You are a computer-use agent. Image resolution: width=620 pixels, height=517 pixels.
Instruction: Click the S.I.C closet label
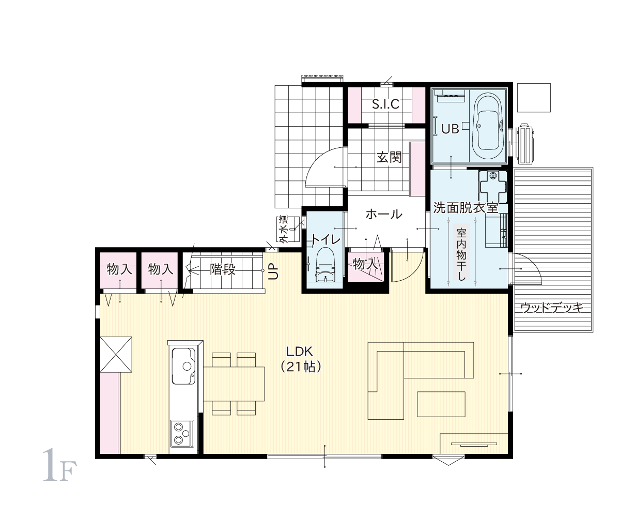coord(386,104)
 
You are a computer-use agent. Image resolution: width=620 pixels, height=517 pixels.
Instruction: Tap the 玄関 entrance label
coord(389,157)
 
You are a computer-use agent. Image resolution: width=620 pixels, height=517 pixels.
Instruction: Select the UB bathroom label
coord(450,129)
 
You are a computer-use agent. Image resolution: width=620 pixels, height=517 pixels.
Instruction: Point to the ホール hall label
coord(384,214)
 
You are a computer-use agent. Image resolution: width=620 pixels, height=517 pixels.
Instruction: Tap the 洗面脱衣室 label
coord(466,208)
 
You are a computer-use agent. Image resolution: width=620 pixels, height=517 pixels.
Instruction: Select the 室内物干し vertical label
coord(461,254)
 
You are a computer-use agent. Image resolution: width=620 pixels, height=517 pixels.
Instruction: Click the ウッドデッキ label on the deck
coord(552,308)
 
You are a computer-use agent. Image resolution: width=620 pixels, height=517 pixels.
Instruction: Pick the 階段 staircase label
coord(223,269)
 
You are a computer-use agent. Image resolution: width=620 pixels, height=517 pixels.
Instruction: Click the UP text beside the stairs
coord(273,271)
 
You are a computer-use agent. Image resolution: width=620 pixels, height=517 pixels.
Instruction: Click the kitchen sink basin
coord(184,367)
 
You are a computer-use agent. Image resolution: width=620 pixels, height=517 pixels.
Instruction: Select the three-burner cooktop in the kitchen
coord(182,433)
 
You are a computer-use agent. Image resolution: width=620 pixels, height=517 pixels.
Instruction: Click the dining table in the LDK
coord(234,384)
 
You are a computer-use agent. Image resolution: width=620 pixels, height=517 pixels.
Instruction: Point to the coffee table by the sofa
coord(441,404)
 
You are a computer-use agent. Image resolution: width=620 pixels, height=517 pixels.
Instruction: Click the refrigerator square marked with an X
coord(116,354)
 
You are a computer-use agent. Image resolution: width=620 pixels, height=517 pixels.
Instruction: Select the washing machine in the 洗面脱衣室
coord(493,187)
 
